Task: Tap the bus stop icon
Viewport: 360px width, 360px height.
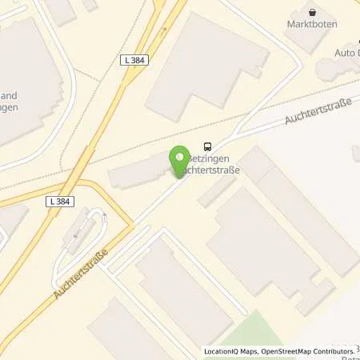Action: pyautogui.click(x=208, y=146)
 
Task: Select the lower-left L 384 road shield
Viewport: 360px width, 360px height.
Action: pyautogui.click(x=59, y=201)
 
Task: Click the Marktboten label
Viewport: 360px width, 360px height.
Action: pyautogui.click(x=312, y=24)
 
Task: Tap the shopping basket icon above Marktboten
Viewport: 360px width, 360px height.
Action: pyautogui.click(x=312, y=11)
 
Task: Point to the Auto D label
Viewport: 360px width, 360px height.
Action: pyautogui.click(x=347, y=54)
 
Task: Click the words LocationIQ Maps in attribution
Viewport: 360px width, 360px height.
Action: pyautogui.click(x=230, y=351)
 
